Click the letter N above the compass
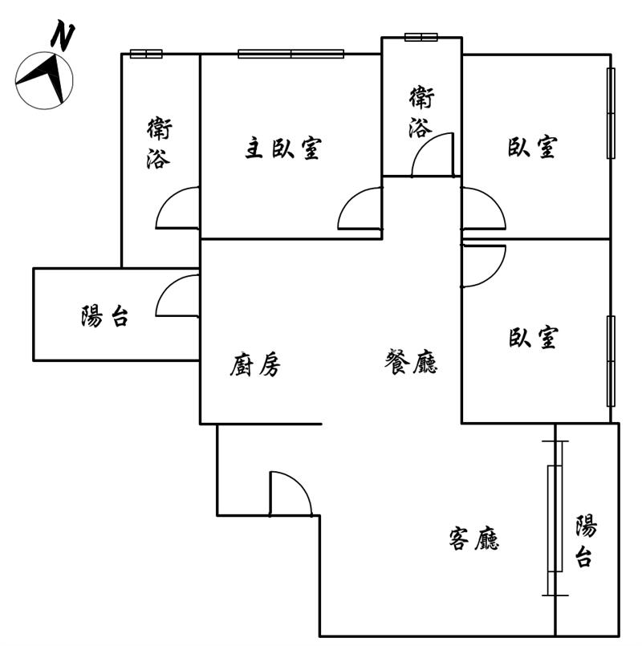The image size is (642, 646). (63, 35)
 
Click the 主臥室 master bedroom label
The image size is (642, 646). (283, 148)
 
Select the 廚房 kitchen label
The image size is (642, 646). (255, 364)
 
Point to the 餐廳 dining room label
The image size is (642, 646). (411, 361)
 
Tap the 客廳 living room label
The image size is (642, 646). (474, 538)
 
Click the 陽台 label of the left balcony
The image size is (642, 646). (104, 316)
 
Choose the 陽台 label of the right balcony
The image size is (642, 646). (586, 541)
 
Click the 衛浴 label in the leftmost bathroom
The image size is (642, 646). (159, 143)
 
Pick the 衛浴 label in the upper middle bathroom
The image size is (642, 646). (421, 112)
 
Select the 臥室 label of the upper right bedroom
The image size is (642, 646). (532, 147)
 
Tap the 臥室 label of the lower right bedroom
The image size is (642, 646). (534, 337)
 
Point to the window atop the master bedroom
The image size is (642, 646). (291, 54)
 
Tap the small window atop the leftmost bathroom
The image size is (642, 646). (146, 54)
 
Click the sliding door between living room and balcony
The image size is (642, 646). (555, 518)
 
